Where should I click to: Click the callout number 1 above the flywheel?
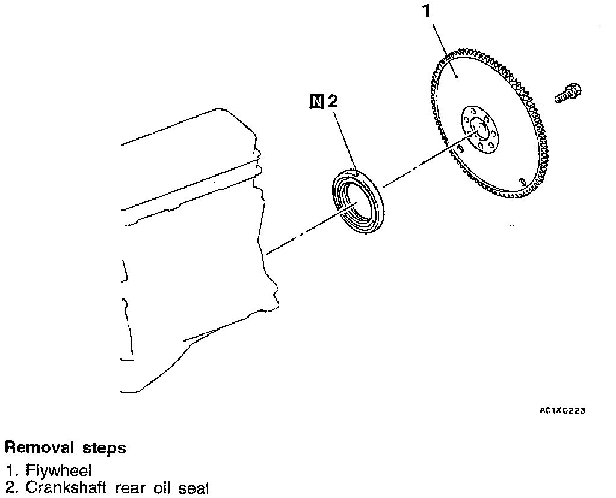click(427, 10)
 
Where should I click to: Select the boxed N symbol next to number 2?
click(316, 102)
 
